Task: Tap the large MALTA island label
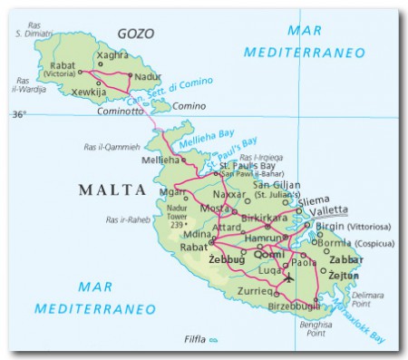[x=112, y=190]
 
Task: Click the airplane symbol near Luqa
[x=288, y=277]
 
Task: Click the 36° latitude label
[x=19, y=115]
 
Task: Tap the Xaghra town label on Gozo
[x=112, y=55]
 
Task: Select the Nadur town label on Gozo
[x=146, y=78]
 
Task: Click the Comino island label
[x=189, y=106]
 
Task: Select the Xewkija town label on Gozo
[x=87, y=92]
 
